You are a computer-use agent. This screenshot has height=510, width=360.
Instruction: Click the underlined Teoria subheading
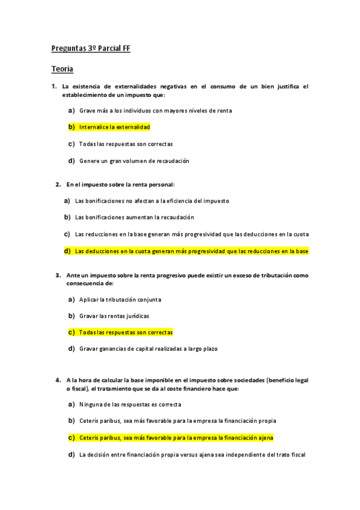tap(62, 69)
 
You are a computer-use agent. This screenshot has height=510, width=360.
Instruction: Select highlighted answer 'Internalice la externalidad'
tap(114, 127)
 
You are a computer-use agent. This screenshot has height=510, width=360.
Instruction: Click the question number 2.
tap(58, 184)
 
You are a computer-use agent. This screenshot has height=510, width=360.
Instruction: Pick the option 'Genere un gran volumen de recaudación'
tap(134, 161)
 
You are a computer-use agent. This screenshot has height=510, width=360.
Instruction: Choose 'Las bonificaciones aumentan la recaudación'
tap(134, 217)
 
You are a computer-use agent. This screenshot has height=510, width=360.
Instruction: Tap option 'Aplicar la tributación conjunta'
tap(120, 299)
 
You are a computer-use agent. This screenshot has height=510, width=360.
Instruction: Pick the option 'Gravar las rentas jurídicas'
tap(114, 316)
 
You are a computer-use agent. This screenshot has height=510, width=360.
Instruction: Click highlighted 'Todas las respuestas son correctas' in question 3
tap(126, 332)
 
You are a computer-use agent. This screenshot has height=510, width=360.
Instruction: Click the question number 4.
tap(58, 380)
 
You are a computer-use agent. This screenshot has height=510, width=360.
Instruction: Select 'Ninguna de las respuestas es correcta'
tap(130, 404)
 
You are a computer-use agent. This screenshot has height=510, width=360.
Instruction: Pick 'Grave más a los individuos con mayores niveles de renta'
tap(155, 111)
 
